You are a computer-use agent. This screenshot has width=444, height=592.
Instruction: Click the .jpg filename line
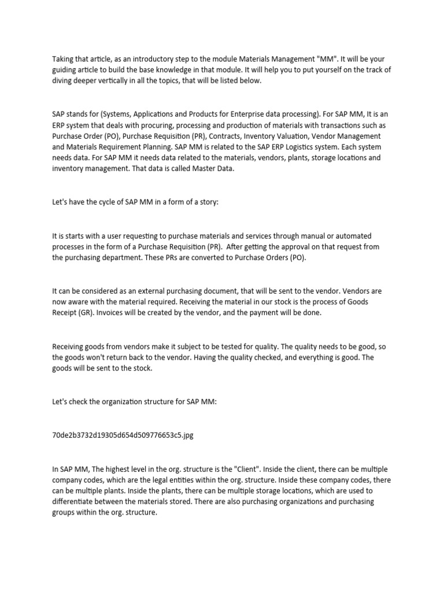pyautogui.click(x=123, y=435)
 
